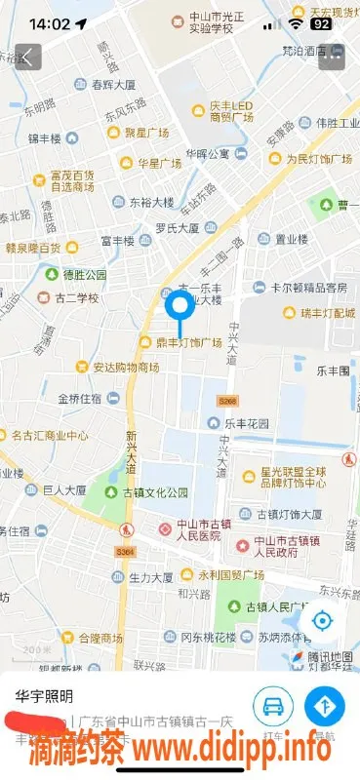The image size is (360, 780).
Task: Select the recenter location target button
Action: (323, 621)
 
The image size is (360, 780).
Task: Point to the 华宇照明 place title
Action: (44, 695)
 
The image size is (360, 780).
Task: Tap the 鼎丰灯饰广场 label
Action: (187, 342)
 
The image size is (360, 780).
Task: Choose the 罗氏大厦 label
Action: (177, 228)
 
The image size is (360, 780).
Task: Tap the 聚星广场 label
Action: (147, 133)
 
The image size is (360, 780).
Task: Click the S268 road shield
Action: (227, 401)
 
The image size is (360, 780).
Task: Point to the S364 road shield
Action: (125, 552)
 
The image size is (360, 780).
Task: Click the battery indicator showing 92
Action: (321, 21)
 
